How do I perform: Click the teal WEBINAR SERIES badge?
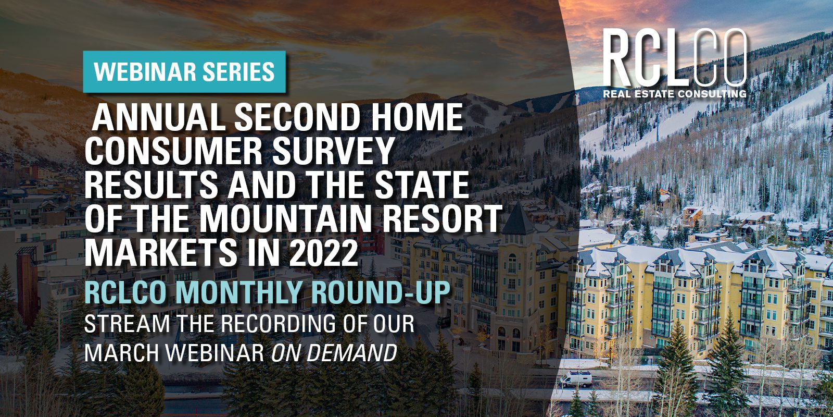point(184,71)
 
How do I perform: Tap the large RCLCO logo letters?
point(675,58)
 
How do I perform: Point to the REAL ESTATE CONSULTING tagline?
point(675,93)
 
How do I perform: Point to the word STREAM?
point(127,324)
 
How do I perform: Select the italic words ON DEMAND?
point(334,352)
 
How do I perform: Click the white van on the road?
point(576,379)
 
